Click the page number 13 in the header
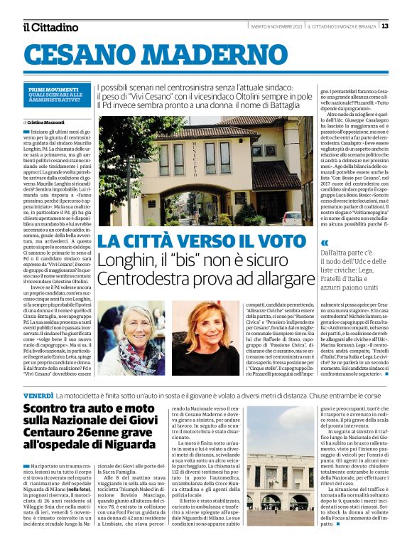pos(404,26)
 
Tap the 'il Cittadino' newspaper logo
pos(50,27)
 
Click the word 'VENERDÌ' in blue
pos(38,395)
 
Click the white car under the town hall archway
pos(291,216)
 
